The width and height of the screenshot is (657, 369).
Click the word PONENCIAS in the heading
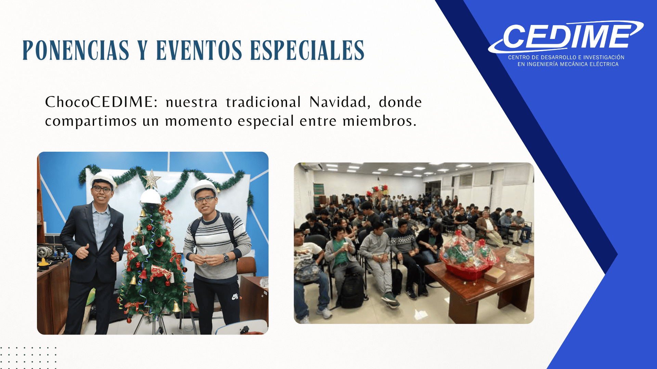coord(76,50)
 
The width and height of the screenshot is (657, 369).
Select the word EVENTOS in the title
coord(199,50)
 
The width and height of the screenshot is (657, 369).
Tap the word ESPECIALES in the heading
coord(307,50)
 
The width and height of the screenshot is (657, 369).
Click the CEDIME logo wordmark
coord(566,36)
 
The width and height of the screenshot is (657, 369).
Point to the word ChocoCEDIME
coord(101,102)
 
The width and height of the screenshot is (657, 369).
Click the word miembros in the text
coord(379,121)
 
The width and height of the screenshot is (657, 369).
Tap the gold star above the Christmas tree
coord(152,179)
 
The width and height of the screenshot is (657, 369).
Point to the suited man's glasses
coord(102,189)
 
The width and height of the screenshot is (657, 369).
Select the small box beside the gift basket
coord(495,274)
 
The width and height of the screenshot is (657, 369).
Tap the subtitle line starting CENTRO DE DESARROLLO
coord(566,57)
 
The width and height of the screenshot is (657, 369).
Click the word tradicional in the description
coord(263,102)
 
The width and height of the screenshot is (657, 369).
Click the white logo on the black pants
coord(235,297)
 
